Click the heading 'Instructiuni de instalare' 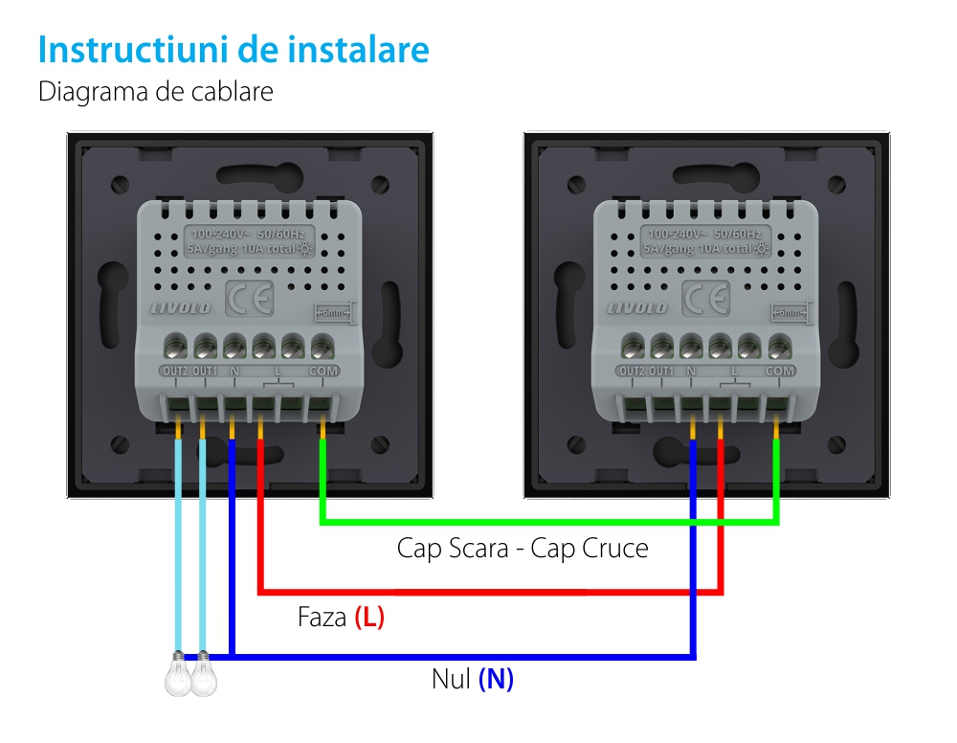[x=233, y=50]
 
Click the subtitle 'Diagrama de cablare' [x=155, y=92]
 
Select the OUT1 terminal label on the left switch [x=204, y=370]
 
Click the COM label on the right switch [x=780, y=371]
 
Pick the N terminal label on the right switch [x=691, y=371]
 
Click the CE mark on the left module [x=249, y=301]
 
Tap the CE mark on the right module [x=705, y=301]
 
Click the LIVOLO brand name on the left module [x=180, y=307]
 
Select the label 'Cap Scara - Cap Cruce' [x=523, y=549]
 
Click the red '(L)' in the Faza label [x=369, y=618]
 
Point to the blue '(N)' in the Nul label [x=496, y=680]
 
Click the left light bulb [x=178, y=677]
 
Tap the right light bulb [x=204, y=677]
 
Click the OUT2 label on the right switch [x=632, y=371]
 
